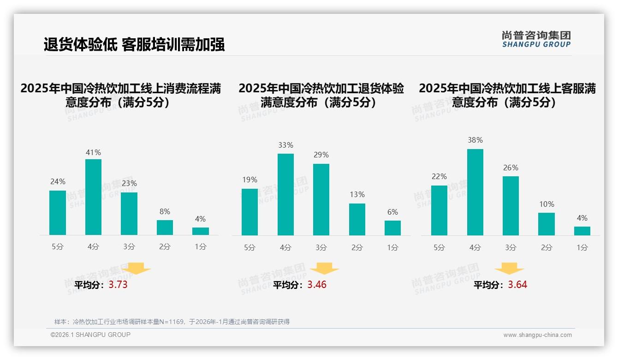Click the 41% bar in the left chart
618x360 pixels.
[x=93, y=197]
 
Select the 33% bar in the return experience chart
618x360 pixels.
[x=285, y=194]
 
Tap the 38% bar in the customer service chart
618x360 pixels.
[x=475, y=192]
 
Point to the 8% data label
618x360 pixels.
[x=165, y=212]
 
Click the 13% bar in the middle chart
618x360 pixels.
[x=357, y=219]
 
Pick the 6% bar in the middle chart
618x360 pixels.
[x=392, y=228]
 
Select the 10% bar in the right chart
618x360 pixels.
[x=547, y=224]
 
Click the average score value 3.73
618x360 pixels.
[x=118, y=285]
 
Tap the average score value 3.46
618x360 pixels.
[x=317, y=285]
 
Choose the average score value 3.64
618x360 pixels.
[x=517, y=285]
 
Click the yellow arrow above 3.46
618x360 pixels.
[x=324, y=269]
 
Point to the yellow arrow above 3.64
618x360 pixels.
[x=509, y=269]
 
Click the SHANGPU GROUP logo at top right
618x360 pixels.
[x=536, y=39]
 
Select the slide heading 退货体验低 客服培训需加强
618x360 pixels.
[x=134, y=45]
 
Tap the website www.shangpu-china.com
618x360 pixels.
[x=537, y=335]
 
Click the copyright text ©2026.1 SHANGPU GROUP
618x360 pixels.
[x=90, y=335]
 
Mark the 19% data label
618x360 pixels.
[x=250, y=180]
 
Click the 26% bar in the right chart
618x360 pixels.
[x=511, y=206]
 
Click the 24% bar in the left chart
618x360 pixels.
[x=58, y=213]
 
